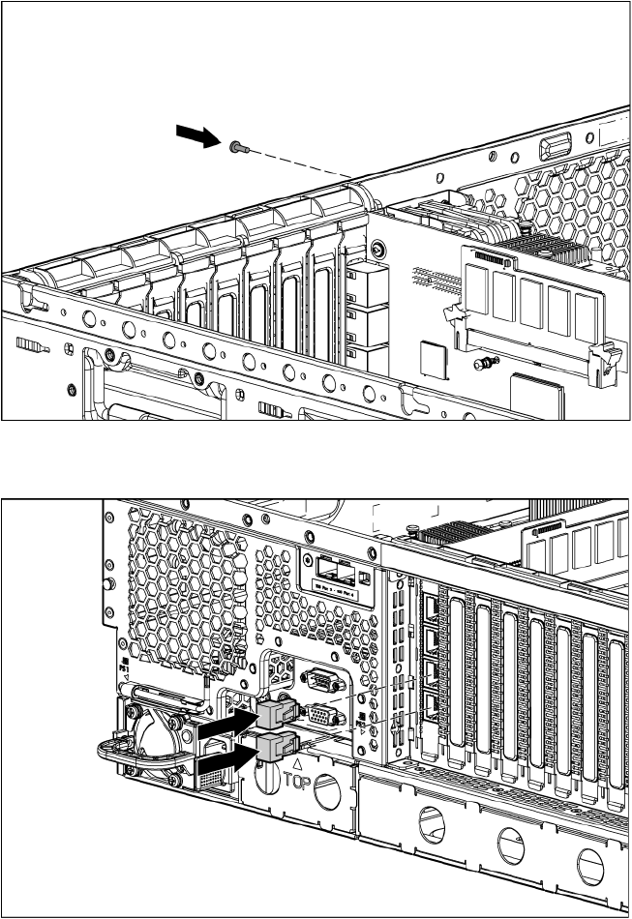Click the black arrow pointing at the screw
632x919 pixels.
tap(199, 137)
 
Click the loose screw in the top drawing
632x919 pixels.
tap(239, 147)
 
